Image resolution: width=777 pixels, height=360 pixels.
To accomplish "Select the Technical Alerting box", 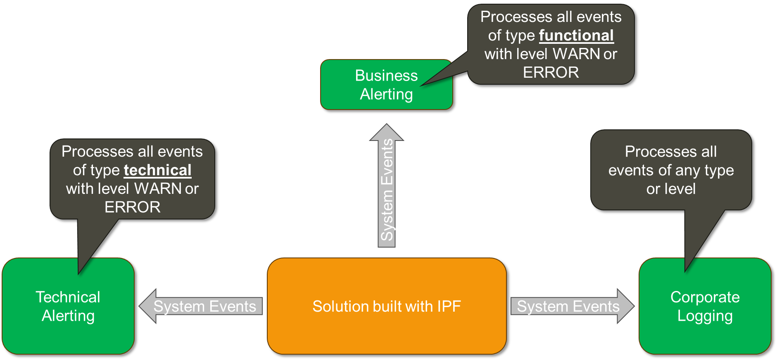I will click(68, 306).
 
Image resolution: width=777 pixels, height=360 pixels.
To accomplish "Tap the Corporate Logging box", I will click(705, 306).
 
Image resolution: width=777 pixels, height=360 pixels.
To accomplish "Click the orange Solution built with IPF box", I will click(387, 306).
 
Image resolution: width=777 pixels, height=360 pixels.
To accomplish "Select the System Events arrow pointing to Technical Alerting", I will click(202, 306).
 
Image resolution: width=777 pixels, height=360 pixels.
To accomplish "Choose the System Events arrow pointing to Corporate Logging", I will click(570, 306).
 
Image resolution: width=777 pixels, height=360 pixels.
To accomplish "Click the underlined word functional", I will click(576, 36).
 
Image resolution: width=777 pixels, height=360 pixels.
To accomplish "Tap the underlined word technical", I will click(157, 170).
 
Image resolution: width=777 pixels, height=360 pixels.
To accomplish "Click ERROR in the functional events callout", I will click(551, 73).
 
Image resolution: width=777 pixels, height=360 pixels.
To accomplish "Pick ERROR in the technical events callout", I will click(132, 207).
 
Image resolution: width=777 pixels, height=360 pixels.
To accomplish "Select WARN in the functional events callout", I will click(577, 54).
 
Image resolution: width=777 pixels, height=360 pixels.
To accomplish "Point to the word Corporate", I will click(705, 297).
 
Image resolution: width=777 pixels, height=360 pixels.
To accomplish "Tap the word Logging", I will click(705, 316).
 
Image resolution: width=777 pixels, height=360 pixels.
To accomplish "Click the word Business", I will click(386, 76).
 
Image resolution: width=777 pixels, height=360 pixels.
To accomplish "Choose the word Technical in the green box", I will click(68, 297).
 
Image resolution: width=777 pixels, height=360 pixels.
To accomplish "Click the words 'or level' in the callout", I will click(671, 189).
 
